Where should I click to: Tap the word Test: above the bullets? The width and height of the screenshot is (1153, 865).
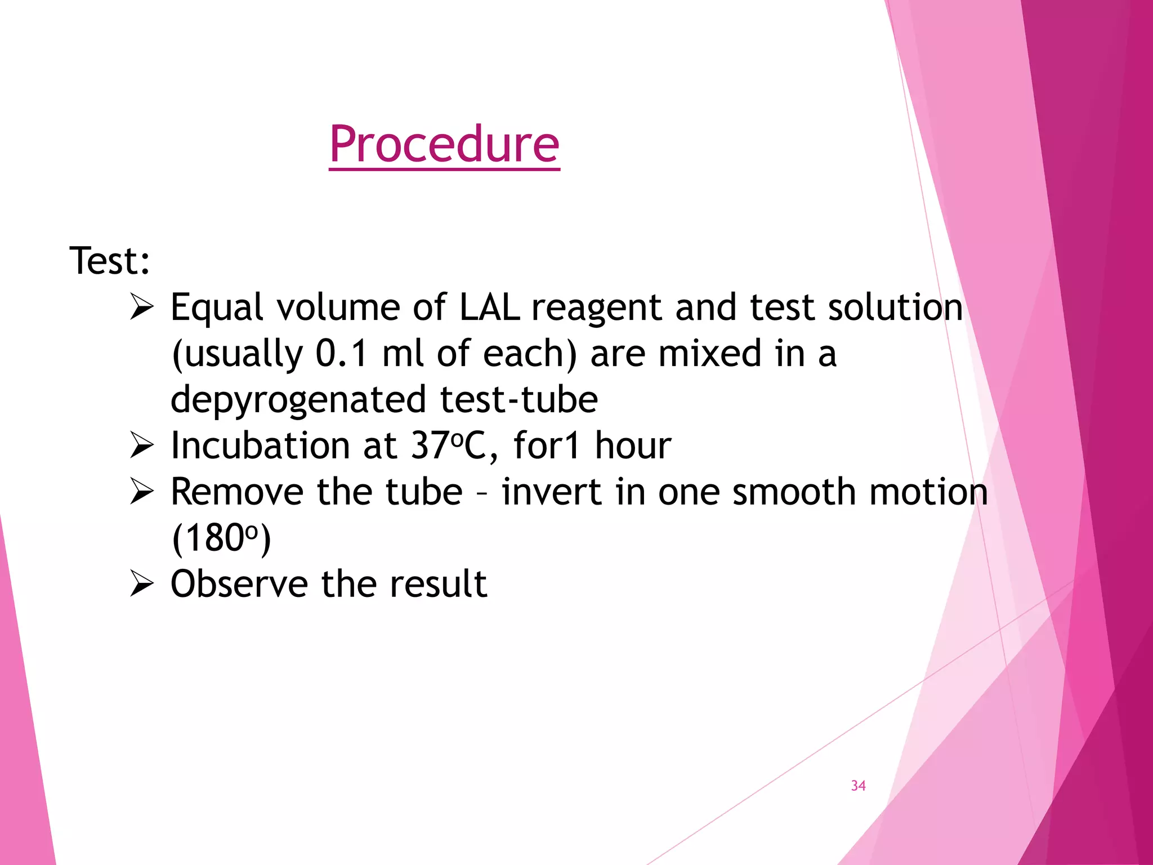[110, 261]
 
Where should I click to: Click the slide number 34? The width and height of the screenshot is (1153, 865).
[858, 786]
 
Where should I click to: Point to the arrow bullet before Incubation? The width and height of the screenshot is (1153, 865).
[141, 445]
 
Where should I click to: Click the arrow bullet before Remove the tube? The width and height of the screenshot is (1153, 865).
[141, 491]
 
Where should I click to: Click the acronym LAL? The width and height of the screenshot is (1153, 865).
[489, 307]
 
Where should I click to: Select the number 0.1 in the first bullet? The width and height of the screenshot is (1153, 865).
[341, 354]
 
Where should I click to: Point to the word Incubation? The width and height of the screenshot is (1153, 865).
[261, 445]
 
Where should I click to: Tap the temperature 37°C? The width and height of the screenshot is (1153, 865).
[448, 446]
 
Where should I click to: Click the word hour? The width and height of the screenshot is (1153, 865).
[633, 445]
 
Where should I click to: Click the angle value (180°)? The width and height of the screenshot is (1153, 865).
[221, 538]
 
